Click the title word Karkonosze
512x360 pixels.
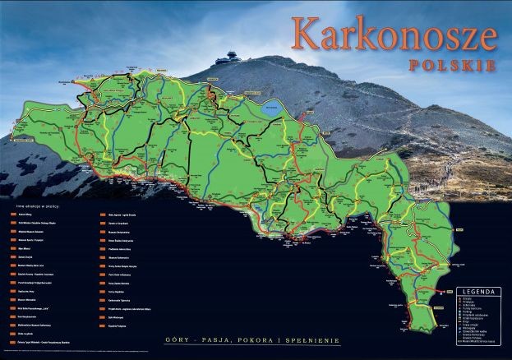(394, 34)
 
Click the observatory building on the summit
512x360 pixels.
(224, 61)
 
